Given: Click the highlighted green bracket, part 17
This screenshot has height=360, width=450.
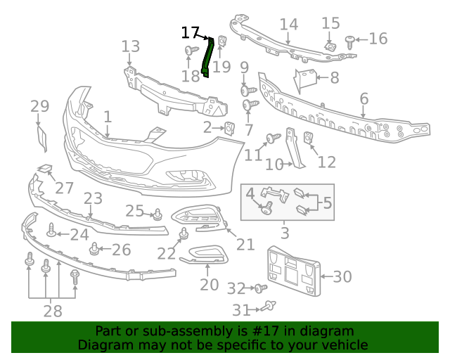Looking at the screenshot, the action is point(207,57).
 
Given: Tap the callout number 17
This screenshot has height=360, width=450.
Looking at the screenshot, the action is point(190,32).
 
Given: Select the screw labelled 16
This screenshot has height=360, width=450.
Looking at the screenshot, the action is point(350,41).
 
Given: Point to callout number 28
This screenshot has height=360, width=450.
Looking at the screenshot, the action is point(52,311).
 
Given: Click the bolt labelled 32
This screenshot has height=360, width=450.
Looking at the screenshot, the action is point(259,288).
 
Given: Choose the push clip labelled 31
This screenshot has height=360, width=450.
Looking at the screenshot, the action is point(269,306).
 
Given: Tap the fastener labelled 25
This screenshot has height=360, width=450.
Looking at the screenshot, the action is point(155,214).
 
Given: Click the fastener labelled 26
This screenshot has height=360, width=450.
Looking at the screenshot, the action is point(94,248).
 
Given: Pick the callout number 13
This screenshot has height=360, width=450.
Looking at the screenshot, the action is point(131,47).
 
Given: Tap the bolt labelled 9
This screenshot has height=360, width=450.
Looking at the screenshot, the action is point(247,90).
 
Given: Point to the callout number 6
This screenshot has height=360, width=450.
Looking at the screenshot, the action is point(364,98).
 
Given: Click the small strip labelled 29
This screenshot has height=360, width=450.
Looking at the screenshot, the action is point(41,138).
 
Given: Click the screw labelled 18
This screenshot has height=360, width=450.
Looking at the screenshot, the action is point(189,51).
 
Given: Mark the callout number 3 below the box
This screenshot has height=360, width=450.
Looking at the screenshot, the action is point(285,233).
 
